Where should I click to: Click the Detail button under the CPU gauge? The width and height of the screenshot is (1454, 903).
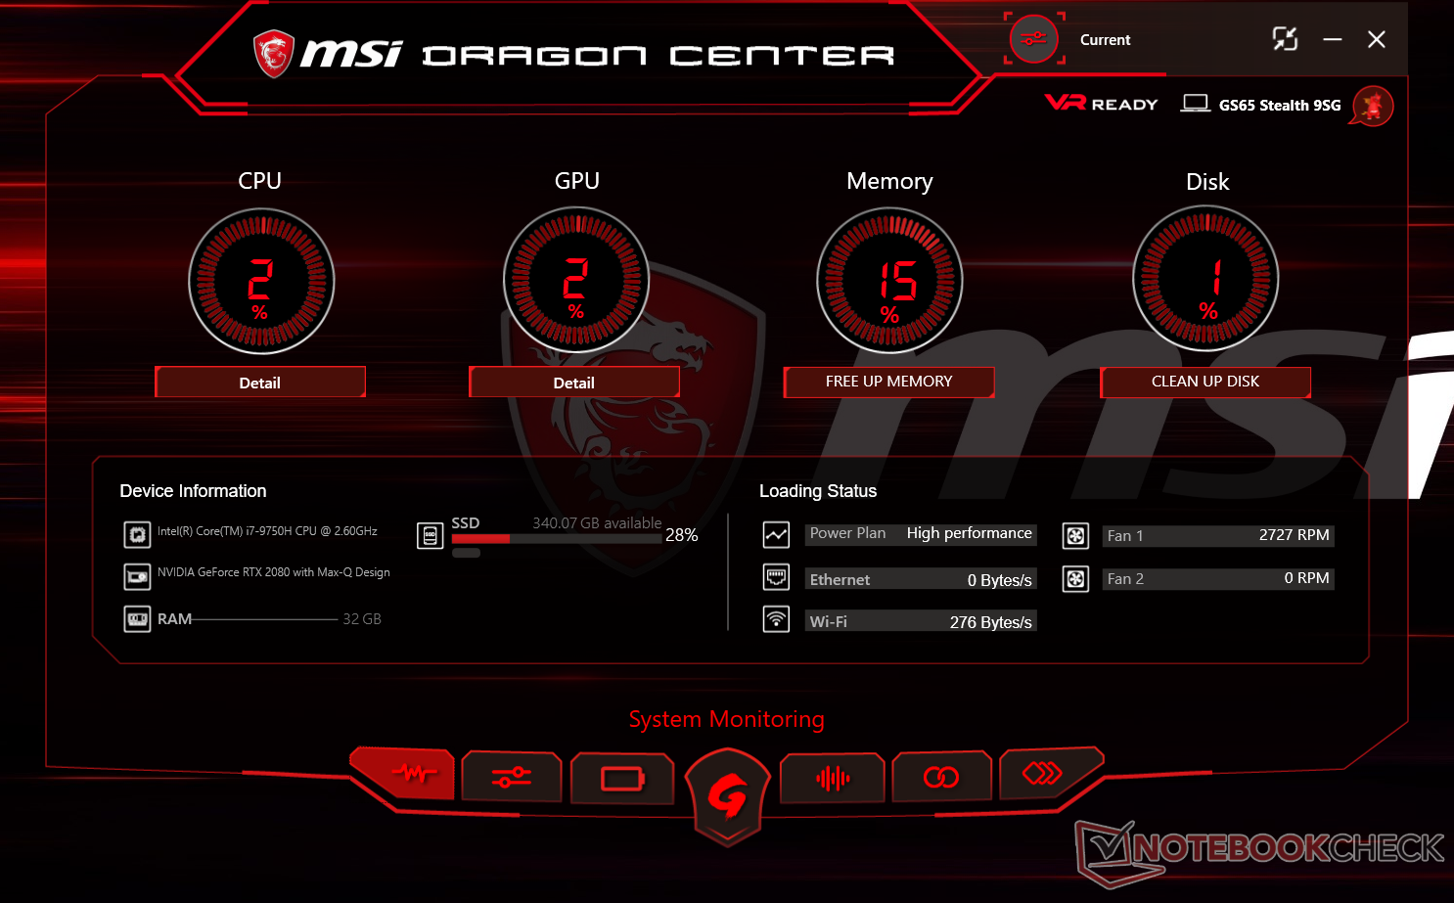point(260,383)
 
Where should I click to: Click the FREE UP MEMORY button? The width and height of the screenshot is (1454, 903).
point(888,382)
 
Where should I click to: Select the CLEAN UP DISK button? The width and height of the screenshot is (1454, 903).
point(1205,382)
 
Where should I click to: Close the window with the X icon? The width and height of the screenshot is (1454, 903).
point(1376,39)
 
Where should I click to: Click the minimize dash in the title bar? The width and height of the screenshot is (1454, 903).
point(1332,39)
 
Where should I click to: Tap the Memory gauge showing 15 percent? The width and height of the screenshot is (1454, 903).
point(890,282)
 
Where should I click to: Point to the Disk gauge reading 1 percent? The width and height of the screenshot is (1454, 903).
point(1205,280)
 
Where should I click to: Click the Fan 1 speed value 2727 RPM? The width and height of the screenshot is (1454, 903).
point(1294,535)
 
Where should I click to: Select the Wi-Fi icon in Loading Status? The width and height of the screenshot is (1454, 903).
point(776,619)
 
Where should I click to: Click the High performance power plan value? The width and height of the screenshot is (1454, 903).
point(969,533)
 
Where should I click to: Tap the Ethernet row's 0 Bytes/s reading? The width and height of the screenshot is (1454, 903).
point(999,580)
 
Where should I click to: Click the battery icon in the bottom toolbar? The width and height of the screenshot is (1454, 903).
point(622,779)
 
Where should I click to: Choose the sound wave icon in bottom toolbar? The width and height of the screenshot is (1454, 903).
point(833,779)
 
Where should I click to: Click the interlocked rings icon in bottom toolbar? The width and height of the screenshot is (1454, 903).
point(941,778)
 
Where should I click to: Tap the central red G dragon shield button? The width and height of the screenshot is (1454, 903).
point(726,796)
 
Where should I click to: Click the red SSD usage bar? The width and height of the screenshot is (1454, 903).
point(480,539)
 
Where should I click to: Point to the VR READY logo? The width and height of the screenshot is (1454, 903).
point(1101,104)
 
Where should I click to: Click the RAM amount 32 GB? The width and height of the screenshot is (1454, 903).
point(362,619)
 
